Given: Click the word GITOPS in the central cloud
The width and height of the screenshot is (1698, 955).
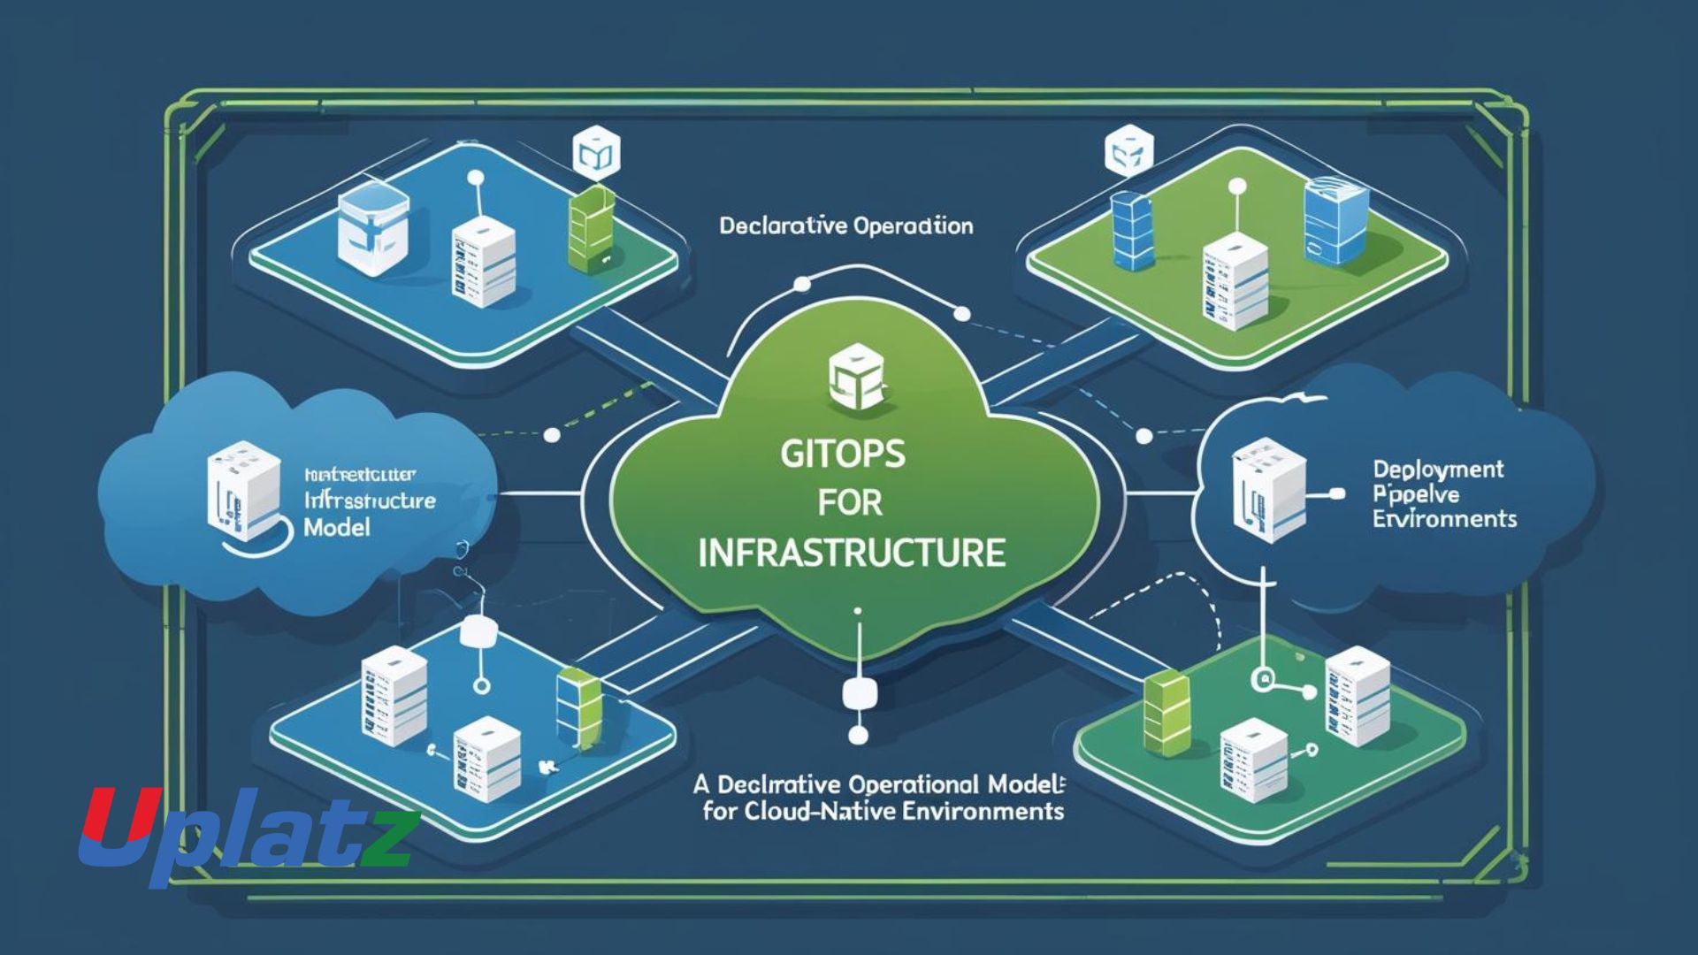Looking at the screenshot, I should coord(843,454).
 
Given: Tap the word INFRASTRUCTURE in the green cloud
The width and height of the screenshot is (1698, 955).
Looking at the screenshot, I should coord(852,554).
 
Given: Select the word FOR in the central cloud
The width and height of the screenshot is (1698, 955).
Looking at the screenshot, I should coord(849,503).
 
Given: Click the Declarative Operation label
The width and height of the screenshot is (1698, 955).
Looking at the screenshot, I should coord(845,226).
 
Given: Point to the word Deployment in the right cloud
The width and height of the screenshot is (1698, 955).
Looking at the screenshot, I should coord(1437,470).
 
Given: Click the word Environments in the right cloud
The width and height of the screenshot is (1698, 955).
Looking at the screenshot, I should coord(1444,518).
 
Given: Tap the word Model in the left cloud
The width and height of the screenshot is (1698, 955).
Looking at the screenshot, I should coord(336,528).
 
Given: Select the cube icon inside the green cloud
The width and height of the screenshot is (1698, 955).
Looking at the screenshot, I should coord(854,381).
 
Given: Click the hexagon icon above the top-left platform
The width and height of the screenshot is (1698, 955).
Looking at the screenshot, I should coord(596,154).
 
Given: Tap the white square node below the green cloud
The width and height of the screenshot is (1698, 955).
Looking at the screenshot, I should coord(857,693).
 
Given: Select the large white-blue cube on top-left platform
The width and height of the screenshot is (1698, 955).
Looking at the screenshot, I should coord(373,227).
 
